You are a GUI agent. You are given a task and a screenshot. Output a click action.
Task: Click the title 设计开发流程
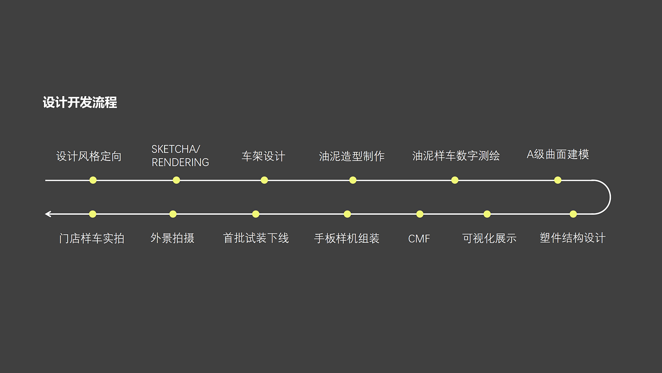point(80,102)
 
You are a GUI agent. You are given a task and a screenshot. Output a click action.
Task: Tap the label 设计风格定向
point(89,156)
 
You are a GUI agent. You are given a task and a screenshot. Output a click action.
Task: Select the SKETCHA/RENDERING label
point(180,156)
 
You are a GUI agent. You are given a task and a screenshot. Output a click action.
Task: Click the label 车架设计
point(263,156)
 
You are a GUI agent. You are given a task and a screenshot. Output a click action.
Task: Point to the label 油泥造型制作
point(352,156)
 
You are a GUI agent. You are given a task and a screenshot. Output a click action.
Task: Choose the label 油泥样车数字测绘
point(456,156)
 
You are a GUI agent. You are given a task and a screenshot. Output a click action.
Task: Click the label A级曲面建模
point(558,154)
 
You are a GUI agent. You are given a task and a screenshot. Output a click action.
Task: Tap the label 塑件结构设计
point(572,238)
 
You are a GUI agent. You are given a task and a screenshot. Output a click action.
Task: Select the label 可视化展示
point(489,238)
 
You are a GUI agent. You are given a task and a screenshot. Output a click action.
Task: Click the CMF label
point(419,239)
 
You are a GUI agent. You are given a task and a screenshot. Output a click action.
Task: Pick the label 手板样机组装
point(347,238)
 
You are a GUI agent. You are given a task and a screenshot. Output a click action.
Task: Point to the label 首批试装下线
point(256,238)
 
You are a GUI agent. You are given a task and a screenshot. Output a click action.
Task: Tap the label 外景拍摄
point(173,238)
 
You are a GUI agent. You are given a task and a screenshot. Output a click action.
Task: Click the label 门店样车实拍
point(92,238)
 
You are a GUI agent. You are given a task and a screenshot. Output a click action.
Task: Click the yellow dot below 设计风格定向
point(93,180)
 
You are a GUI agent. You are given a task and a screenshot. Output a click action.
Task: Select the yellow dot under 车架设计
point(264,180)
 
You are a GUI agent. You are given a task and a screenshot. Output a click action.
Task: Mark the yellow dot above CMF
point(420,214)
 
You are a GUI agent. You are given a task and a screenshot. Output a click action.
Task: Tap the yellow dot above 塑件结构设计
point(573,214)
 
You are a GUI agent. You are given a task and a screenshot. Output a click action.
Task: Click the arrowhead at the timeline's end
point(48,214)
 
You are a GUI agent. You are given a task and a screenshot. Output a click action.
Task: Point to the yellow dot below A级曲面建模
point(558,180)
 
